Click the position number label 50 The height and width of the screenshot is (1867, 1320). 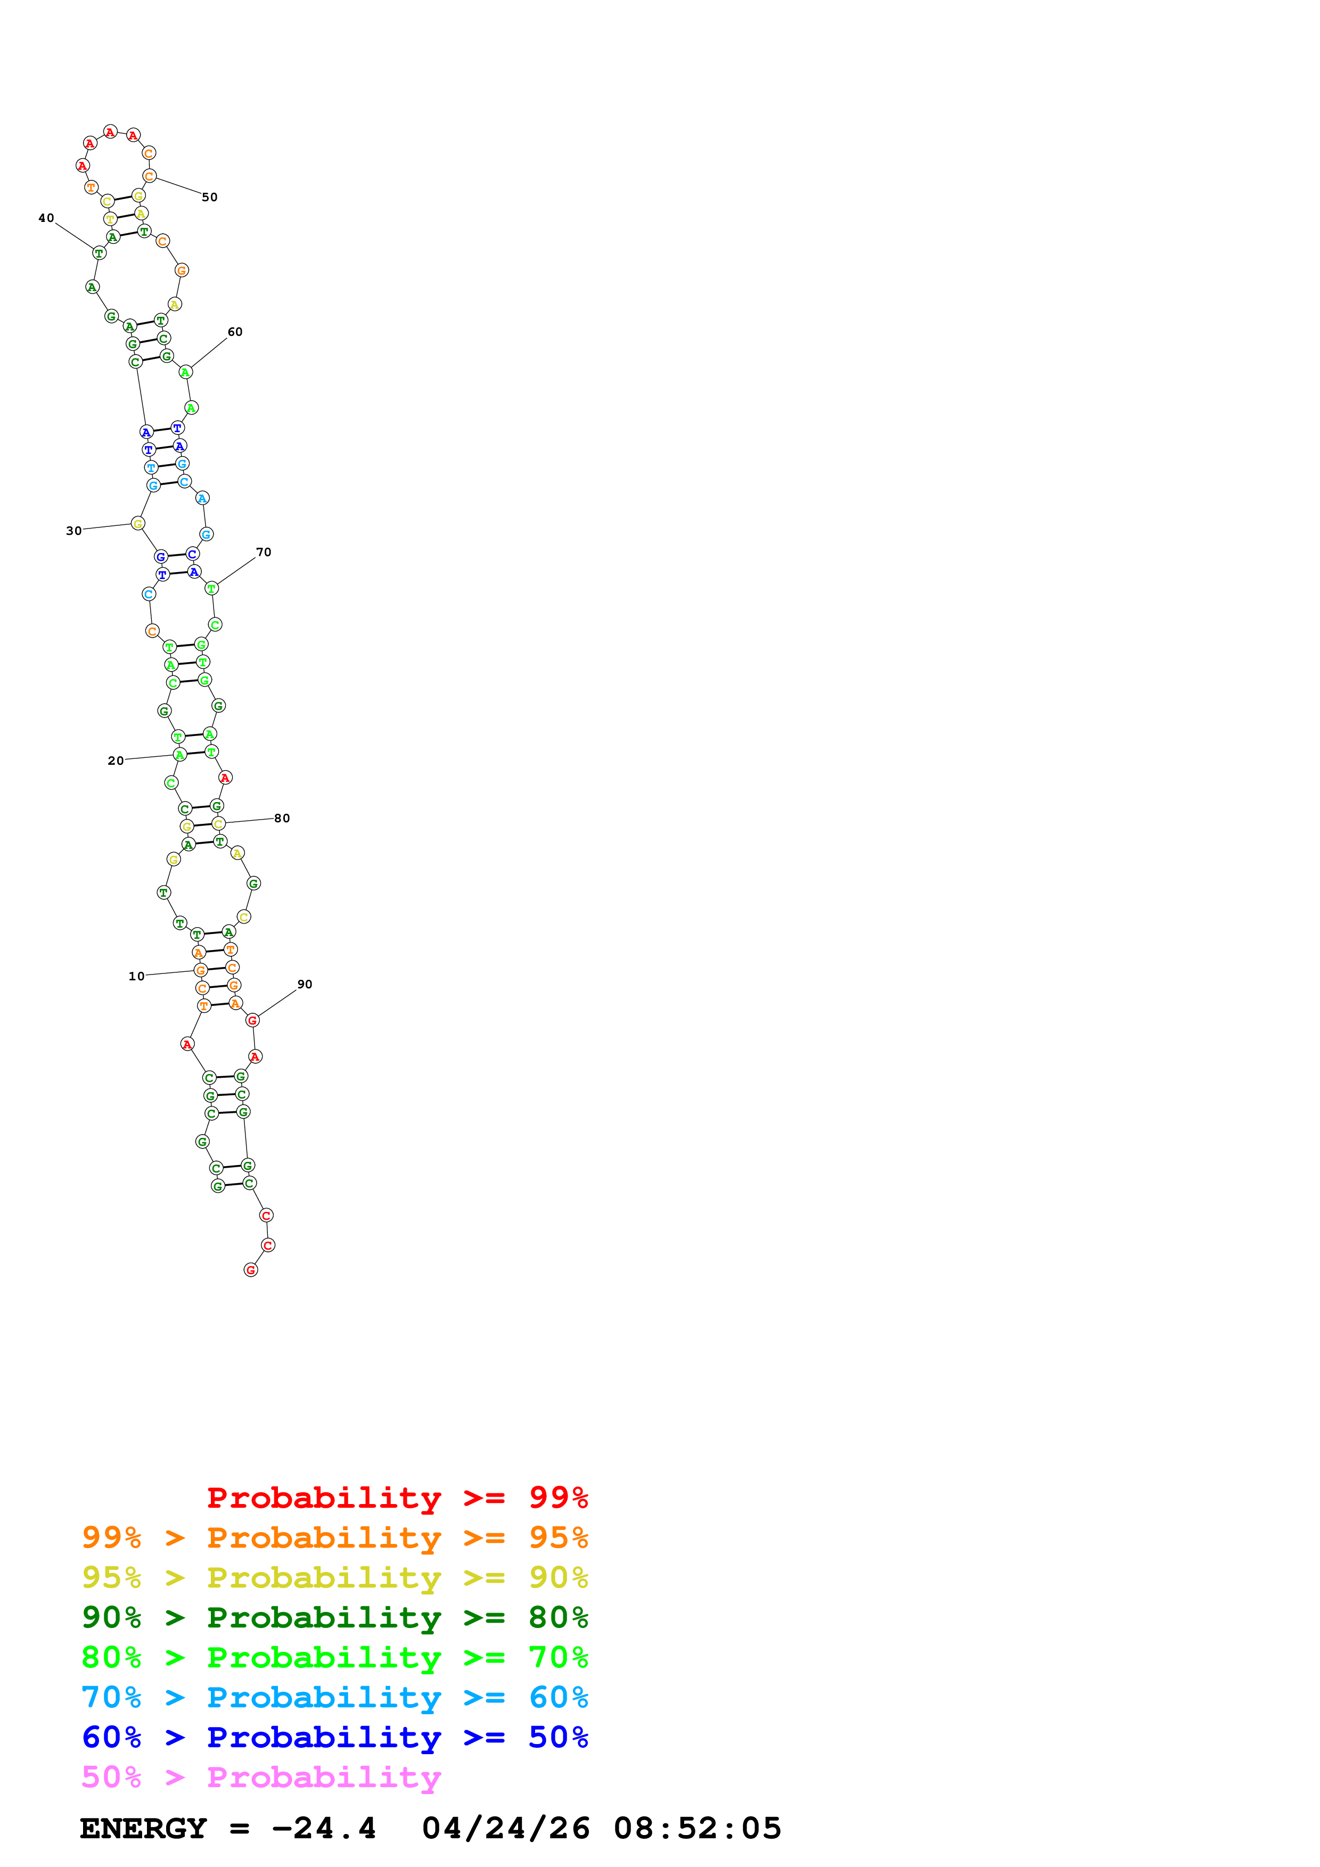coord(210,197)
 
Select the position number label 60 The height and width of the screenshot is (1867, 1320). coord(235,332)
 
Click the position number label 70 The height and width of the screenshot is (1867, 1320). coord(264,552)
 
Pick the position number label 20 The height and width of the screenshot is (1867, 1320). coord(116,761)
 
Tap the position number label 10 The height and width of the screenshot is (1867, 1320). coord(137,977)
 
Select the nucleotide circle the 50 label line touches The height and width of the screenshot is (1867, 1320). coord(150,177)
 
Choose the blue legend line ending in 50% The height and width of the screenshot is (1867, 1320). coord(335,1737)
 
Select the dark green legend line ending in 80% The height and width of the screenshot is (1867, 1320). coord(335,1617)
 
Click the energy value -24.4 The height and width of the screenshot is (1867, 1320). coord(324,1829)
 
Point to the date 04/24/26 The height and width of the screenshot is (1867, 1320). coord(505,1829)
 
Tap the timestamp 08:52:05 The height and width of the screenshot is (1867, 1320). coord(697,1829)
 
